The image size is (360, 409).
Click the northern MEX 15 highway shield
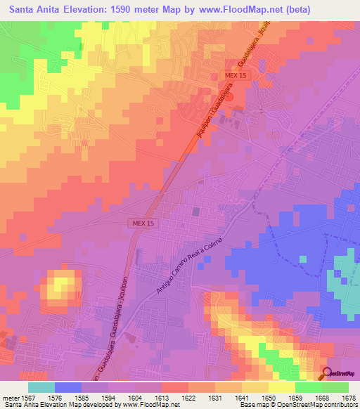coord(237,75)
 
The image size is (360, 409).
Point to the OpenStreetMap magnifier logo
coord(326,372)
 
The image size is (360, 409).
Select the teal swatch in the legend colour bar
coord(41,387)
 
